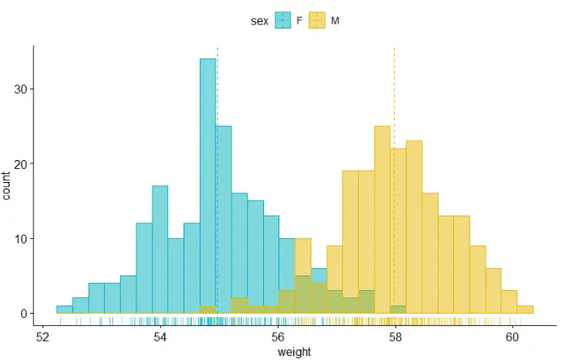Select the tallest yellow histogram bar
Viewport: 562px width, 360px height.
coord(382,219)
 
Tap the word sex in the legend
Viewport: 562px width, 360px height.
coord(259,20)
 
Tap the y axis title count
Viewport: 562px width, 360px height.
coord(7,185)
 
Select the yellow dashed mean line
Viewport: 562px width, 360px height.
coord(394,81)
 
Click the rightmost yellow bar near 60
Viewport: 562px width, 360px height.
coord(525,310)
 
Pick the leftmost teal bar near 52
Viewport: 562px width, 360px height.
coord(64,310)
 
